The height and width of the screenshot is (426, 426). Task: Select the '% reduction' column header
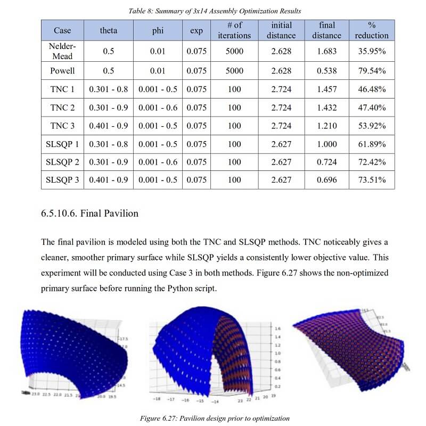(x=372, y=30)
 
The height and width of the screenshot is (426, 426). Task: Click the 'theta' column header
(x=109, y=30)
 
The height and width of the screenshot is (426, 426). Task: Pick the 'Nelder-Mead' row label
(x=62, y=51)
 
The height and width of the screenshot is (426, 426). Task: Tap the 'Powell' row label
(x=62, y=71)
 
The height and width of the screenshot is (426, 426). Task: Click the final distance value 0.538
(x=326, y=71)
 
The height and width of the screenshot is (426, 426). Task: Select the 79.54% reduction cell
(x=372, y=71)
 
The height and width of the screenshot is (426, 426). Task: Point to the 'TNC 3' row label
(x=62, y=126)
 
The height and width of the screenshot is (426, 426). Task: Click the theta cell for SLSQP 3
(x=109, y=179)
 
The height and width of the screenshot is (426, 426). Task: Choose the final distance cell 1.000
(x=326, y=144)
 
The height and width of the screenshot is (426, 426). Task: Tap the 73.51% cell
(x=372, y=179)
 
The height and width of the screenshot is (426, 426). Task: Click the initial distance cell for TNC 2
(x=281, y=108)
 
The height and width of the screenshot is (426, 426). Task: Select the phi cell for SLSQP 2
(x=158, y=161)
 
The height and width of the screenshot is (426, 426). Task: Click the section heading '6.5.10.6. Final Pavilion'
(x=89, y=214)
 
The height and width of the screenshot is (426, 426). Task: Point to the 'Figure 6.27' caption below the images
(x=215, y=418)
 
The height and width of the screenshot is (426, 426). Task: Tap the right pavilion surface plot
(x=351, y=346)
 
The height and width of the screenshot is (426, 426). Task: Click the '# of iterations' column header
(x=234, y=30)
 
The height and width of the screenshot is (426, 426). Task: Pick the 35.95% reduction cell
(x=372, y=51)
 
